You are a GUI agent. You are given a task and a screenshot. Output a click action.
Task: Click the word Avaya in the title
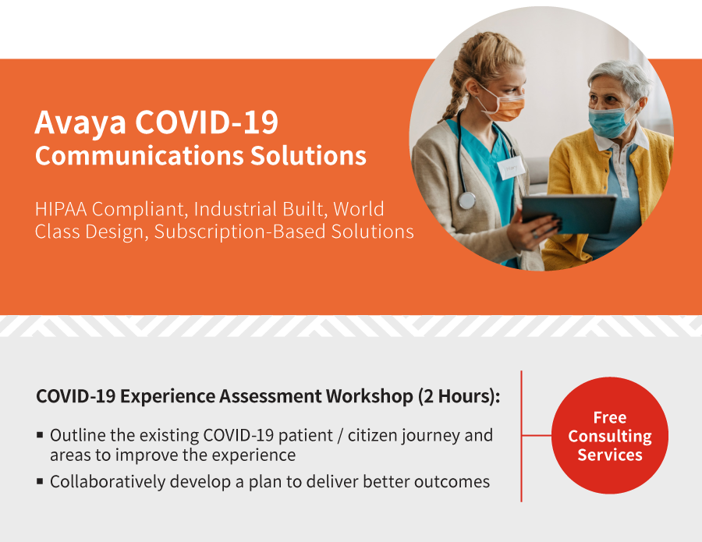click(x=80, y=123)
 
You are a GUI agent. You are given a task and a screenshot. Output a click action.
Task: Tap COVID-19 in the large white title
click(x=207, y=122)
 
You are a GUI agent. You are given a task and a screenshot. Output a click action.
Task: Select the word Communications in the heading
click(x=140, y=156)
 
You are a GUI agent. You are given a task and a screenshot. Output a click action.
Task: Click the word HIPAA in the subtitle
click(x=61, y=209)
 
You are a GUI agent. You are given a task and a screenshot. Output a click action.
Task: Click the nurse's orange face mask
click(x=505, y=108)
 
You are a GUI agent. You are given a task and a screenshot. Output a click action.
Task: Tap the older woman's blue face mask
click(x=609, y=121)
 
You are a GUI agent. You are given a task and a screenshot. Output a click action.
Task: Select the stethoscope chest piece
click(x=466, y=200)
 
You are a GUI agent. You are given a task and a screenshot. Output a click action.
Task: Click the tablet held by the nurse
click(x=569, y=214)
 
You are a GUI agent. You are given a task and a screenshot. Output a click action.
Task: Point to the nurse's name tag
click(x=511, y=168)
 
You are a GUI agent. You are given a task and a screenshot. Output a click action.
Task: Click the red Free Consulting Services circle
click(x=609, y=435)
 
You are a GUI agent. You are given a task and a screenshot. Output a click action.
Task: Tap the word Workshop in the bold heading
click(x=369, y=397)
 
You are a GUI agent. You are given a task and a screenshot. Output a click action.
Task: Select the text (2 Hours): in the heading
click(x=459, y=397)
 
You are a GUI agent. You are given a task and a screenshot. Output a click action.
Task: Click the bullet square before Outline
click(x=41, y=434)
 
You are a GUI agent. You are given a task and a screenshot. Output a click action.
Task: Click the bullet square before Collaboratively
click(x=41, y=482)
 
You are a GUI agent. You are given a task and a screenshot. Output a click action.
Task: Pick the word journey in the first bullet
click(x=431, y=436)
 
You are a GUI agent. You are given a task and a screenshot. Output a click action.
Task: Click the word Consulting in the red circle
click(x=610, y=437)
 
